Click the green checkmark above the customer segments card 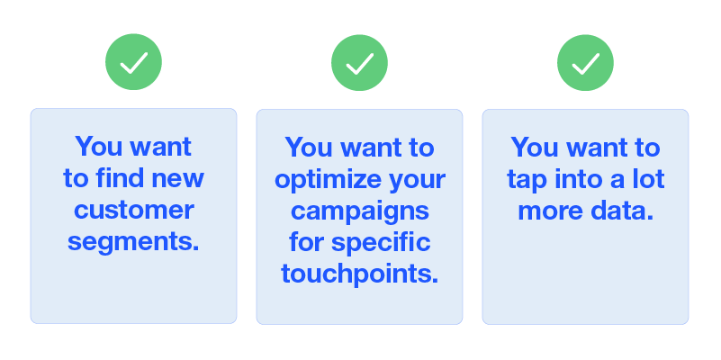(133, 61)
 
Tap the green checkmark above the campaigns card (359, 62)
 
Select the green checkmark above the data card (585, 62)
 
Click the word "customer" (134, 210)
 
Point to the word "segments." (133, 242)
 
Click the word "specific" (381, 243)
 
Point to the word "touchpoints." (359, 274)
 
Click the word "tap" (527, 180)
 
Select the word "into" (577, 178)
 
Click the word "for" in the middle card (306, 242)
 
